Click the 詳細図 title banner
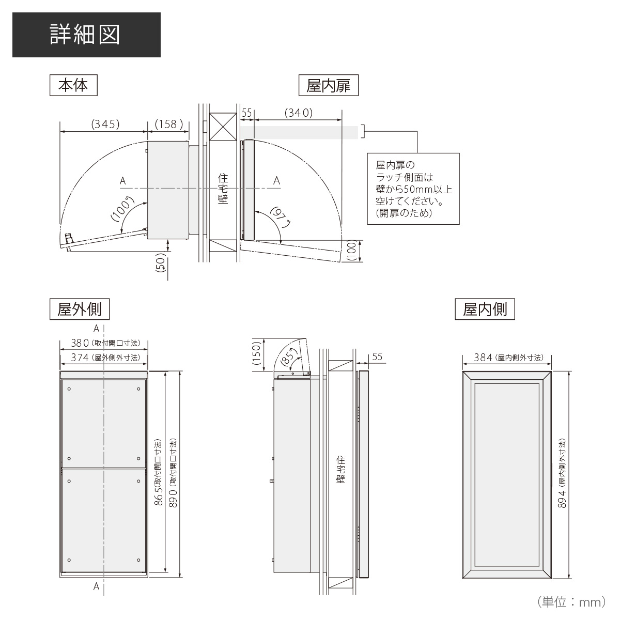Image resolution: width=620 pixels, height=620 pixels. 86,35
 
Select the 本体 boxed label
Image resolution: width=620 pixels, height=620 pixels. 73,85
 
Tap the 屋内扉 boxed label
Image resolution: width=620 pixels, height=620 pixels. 329,85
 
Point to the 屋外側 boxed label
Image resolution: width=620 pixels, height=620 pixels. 80,309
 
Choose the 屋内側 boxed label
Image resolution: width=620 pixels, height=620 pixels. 485,309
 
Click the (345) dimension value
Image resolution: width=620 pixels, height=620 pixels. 105,124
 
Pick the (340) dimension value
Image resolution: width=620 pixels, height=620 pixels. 299,113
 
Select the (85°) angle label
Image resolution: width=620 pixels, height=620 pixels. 291,356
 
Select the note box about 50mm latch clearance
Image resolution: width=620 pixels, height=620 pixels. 413,189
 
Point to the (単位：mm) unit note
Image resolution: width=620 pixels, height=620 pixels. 572,602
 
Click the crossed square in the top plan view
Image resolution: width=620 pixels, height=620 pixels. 223,126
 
